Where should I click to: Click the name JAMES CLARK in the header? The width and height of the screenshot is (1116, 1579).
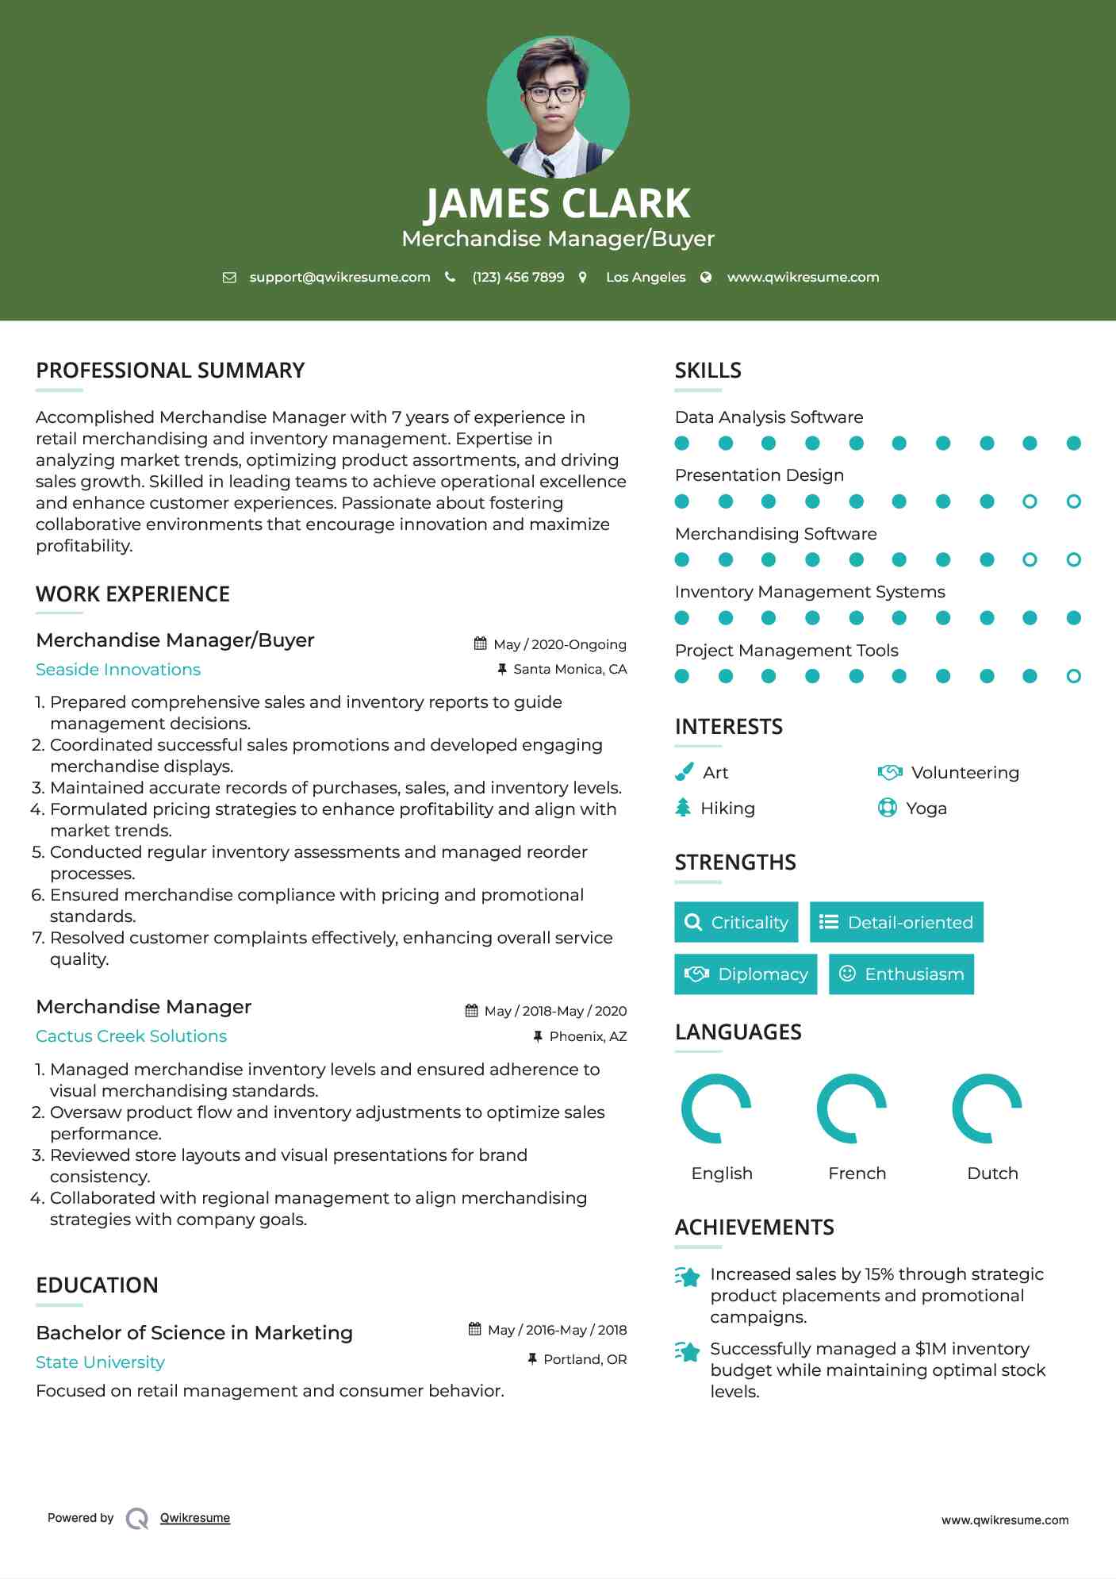[x=558, y=203]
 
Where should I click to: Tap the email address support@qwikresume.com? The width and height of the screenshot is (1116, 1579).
[x=339, y=277]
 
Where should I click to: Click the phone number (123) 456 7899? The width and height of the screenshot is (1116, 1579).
[x=518, y=277]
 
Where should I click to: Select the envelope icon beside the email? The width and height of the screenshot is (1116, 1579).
[x=229, y=277]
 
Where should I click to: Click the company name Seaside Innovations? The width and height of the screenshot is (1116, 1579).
[x=118, y=670]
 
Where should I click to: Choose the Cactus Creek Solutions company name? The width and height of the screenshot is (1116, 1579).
[x=131, y=1036]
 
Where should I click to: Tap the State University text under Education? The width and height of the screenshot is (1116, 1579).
[x=100, y=1362]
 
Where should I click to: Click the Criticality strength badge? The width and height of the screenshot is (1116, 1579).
[x=736, y=922]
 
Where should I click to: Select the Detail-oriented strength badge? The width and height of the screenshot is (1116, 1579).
[x=896, y=922]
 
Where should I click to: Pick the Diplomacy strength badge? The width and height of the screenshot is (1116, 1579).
[x=745, y=974]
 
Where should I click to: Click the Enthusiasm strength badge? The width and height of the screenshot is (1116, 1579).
[x=901, y=974]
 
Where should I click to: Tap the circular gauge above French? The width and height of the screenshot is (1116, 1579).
[x=852, y=1108]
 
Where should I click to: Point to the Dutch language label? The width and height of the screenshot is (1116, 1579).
[x=992, y=1174]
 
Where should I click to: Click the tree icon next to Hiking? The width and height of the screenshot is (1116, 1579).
[x=683, y=808]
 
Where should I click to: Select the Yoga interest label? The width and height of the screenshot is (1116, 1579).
[x=926, y=809]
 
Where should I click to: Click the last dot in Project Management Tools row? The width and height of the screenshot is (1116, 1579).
[x=1073, y=676]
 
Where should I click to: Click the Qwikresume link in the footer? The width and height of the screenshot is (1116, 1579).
[x=195, y=1518]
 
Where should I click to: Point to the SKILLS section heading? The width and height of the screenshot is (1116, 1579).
[x=708, y=371]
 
